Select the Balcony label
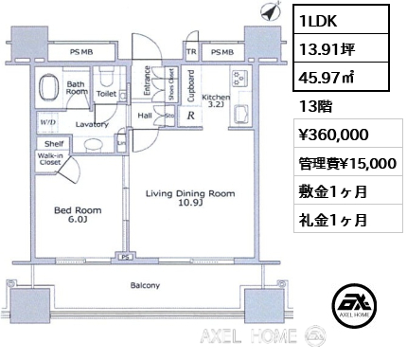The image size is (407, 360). click(144, 285)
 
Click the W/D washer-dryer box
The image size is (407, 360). click(46, 121)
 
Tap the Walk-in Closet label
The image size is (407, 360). click(49, 160)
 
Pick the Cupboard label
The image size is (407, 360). click(191, 84)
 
